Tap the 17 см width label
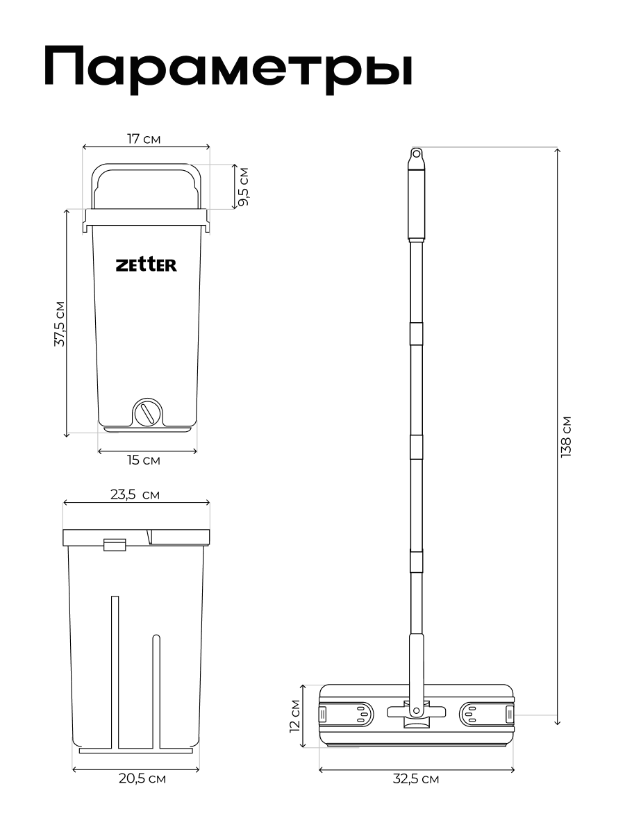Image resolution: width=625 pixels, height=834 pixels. pyautogui.click(x=144, y=139)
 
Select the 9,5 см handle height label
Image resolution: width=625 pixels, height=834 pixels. pyautogui.click(x=243, y=186)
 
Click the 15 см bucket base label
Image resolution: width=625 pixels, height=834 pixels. pyautogui.click(x=144, y=460)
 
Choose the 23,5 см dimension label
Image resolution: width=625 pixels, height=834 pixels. pyautogui.click(x=135, y=494)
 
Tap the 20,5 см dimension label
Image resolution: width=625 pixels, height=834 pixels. pyautogui.click(x=142, y=779)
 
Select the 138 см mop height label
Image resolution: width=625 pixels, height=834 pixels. pyautogui.click(x=566, y=436)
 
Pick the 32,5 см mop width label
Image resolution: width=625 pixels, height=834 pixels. pyautogui.click(x=416, y=779)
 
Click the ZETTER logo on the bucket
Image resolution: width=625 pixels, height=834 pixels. pyautogui.click(x=146, y=265)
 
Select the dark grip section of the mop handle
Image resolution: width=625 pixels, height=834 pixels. pyautogui.click(x=416, y=201)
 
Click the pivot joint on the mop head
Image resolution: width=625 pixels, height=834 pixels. pyautogui.click(x=415, y=711)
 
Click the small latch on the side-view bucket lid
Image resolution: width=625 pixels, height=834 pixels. pyautogui.click(x=114, y=544)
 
